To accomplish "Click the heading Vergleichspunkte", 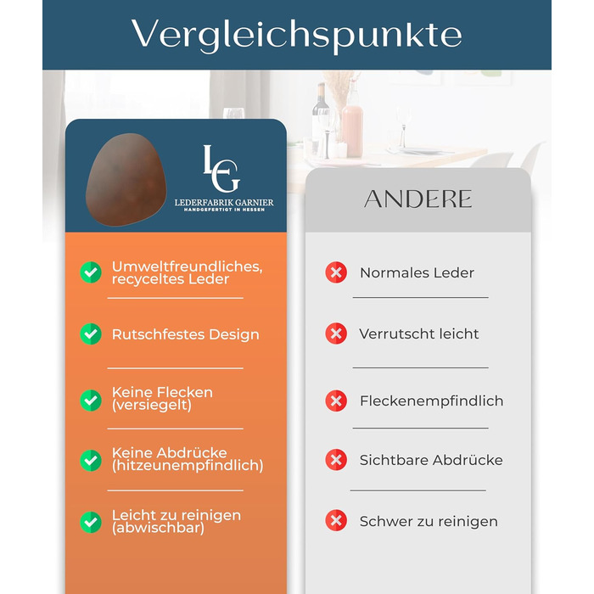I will coord(296,34).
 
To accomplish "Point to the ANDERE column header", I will coord(417,199).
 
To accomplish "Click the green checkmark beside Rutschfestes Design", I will coord(91,334).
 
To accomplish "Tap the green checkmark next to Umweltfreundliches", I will coord(91,272).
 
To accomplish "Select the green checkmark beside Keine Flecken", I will coord(91,399).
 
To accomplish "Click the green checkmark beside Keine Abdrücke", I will coord(91,460).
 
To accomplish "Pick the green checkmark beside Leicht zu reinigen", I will coord(91,522).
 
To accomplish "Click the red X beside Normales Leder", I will coord(336,272).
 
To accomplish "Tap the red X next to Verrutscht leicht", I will coord(336,333).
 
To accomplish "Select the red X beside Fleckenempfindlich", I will coord(336,401).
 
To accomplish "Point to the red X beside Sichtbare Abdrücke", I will coord(336,460).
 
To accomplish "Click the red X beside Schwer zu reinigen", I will coord(336,521).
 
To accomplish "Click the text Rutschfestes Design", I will coord(185,334).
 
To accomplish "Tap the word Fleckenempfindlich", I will coord(431,401).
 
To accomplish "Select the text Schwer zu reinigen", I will coord(429,521).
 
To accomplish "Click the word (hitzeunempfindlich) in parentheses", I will coord(188,466).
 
